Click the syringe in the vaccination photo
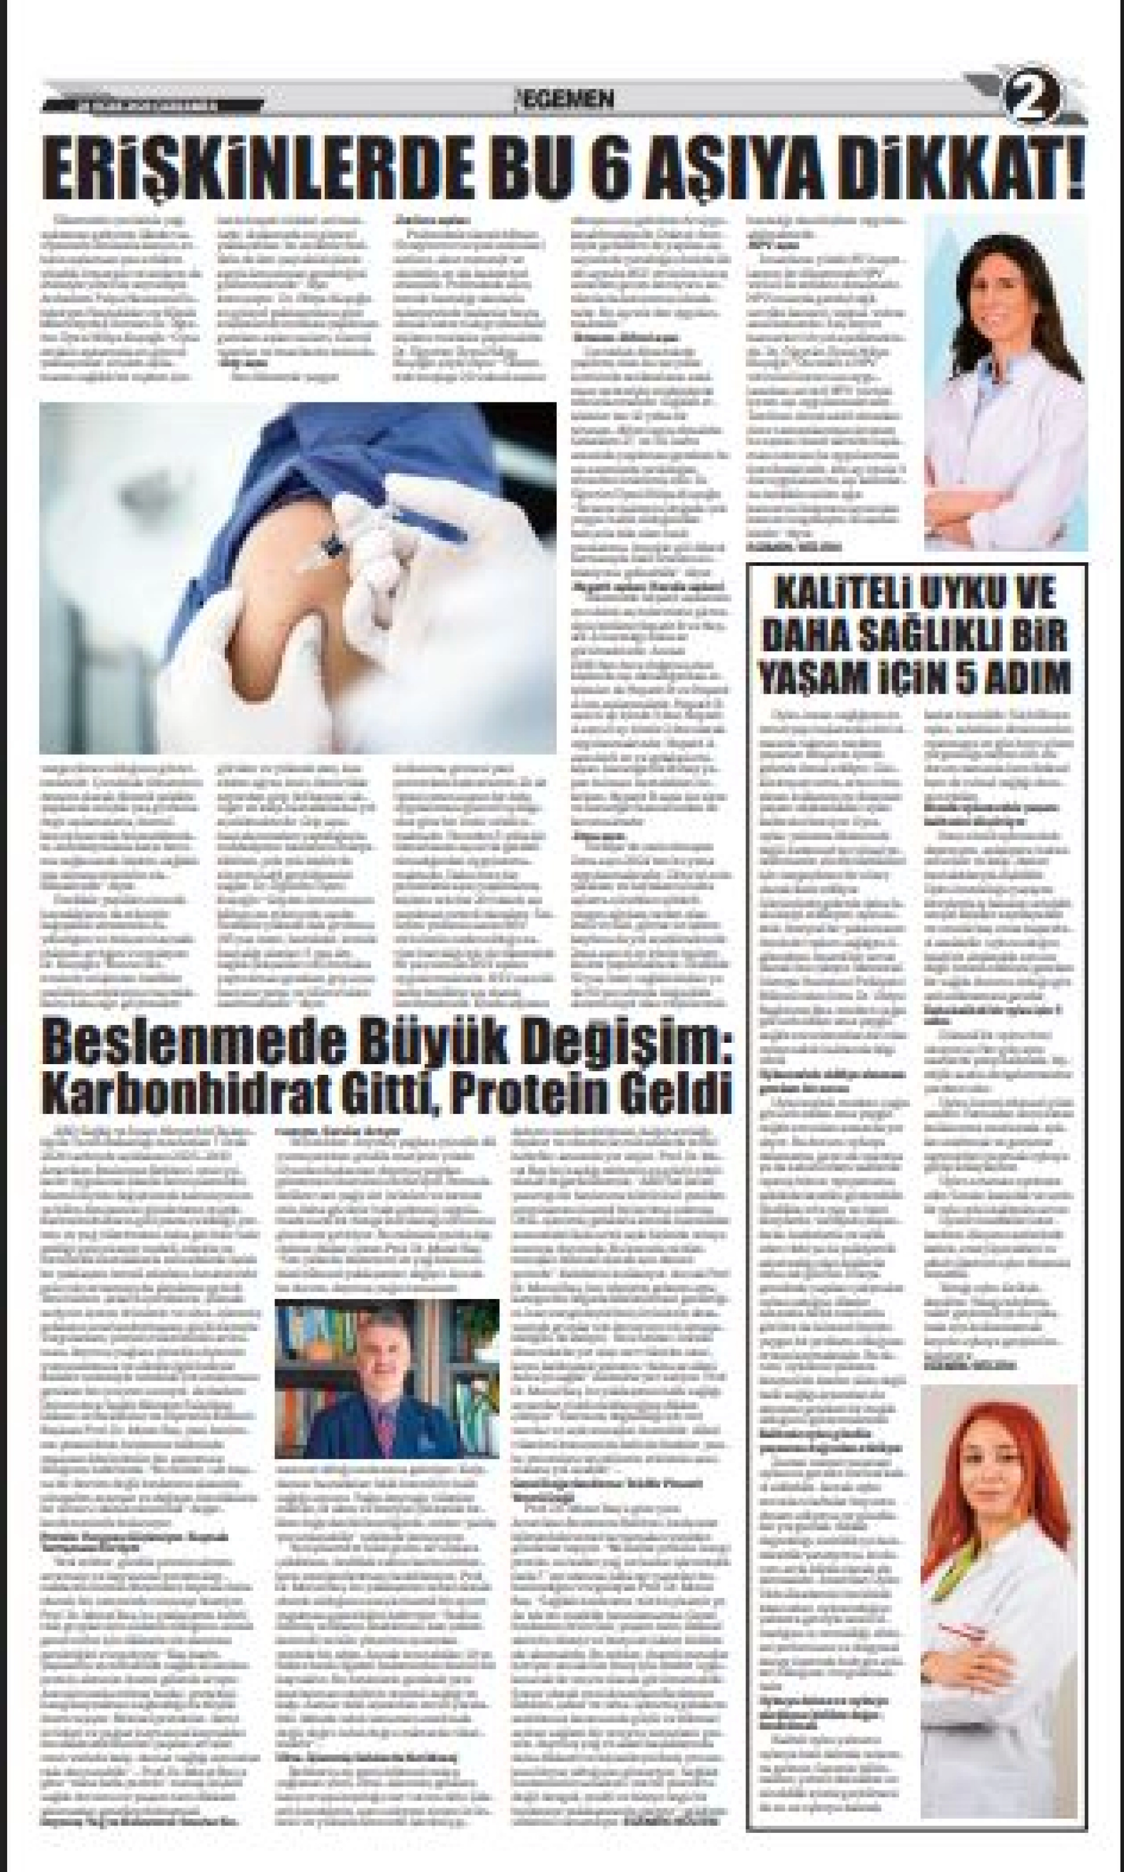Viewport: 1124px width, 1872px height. [x=322, y=551]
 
